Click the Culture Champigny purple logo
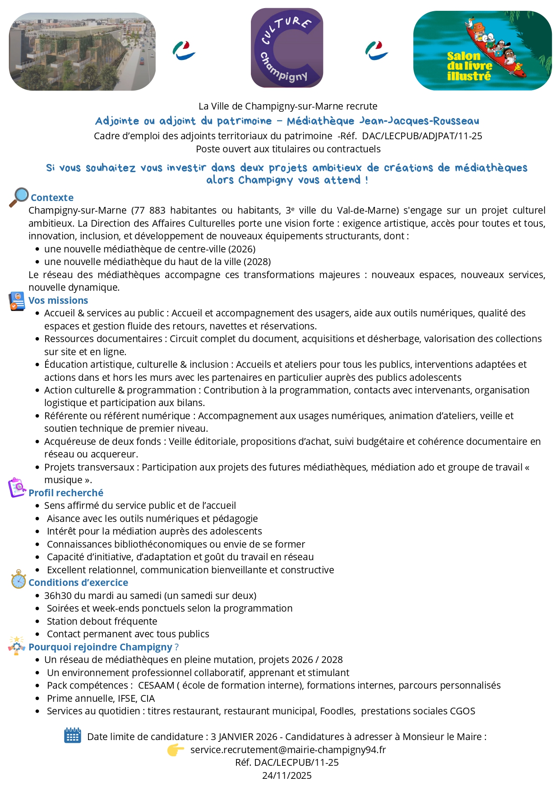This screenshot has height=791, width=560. pos(287,48)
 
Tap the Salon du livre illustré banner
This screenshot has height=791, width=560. pos(482,50)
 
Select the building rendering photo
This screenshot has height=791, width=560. pos(82,51)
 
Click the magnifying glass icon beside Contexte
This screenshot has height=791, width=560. pos(19,197)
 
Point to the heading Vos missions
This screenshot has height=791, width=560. pos(58,300)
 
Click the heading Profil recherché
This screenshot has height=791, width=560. pos(66,493)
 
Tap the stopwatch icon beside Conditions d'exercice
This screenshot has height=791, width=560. pos(19,579)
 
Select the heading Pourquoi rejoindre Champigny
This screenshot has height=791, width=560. pos(100,647)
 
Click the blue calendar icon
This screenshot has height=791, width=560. pos(72,735)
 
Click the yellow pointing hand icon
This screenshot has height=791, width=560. pos(176,750)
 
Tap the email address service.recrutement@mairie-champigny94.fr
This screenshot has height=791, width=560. pos(288,750)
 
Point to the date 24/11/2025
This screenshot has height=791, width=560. pos(287,775)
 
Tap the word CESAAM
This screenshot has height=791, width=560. pos(156,685)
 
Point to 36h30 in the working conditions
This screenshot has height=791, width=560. pos(58,595)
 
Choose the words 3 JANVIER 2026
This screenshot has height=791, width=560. pos(244,736)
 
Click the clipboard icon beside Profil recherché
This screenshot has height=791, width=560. pos(17,488)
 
